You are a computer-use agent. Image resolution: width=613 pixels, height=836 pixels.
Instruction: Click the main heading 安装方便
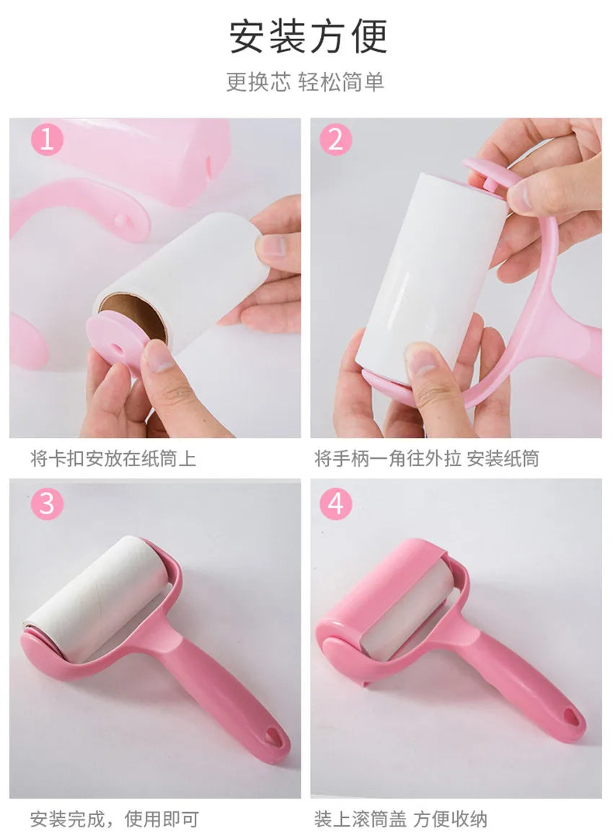coord(308,37)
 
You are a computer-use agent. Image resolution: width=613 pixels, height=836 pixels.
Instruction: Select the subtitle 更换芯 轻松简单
coord(305,82)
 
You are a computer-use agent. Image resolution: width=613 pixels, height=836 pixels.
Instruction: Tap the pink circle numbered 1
coord(47,140)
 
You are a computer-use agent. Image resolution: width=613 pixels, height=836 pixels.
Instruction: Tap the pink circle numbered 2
coord(335,140)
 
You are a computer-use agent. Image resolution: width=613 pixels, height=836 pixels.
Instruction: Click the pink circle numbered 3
coord(47,503)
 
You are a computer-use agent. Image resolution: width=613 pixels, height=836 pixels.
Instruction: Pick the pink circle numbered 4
coord(335,503)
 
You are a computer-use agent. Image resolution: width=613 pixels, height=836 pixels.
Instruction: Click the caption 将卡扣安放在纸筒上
coord(113,458)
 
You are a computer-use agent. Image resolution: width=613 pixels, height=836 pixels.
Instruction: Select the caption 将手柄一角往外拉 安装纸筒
coord(426,458)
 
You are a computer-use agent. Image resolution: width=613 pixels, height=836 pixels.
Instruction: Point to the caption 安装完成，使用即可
coord(114,819)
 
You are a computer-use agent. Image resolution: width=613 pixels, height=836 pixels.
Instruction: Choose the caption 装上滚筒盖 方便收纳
coord(400,819)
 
